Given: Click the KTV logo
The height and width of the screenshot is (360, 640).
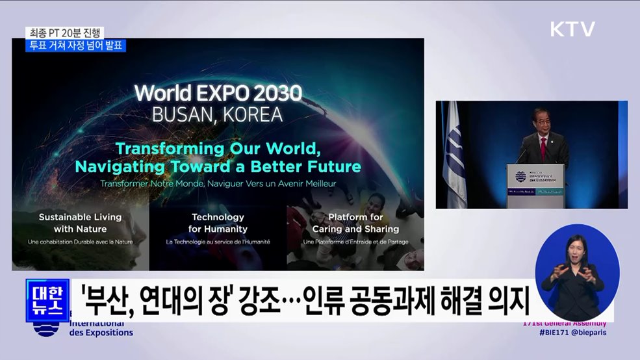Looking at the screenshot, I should pos(572,29).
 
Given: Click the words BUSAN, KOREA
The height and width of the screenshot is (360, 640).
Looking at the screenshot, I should pos(217,115).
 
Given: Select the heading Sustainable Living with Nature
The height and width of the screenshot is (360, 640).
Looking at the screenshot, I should pos(80,223).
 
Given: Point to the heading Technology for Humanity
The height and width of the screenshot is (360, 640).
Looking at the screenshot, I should pos(218,223).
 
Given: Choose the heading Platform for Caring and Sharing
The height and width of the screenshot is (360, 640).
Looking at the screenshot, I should pos(355,223).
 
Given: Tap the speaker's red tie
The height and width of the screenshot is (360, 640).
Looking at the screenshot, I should pos(543,149).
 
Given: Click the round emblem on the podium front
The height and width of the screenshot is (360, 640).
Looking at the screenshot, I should pos(520,177).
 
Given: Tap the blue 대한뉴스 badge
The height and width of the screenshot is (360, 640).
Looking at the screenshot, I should pos(47,301).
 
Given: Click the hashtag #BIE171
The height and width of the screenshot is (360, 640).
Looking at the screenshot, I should pos(555,333).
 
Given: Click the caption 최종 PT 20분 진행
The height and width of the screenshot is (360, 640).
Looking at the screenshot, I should pos(64,32).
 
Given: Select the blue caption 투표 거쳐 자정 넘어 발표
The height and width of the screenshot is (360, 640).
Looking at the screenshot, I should pos(76,45).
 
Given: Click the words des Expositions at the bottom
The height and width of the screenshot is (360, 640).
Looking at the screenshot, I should pos(101,333).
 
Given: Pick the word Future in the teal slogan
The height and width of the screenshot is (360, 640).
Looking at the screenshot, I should pos(333,166).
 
